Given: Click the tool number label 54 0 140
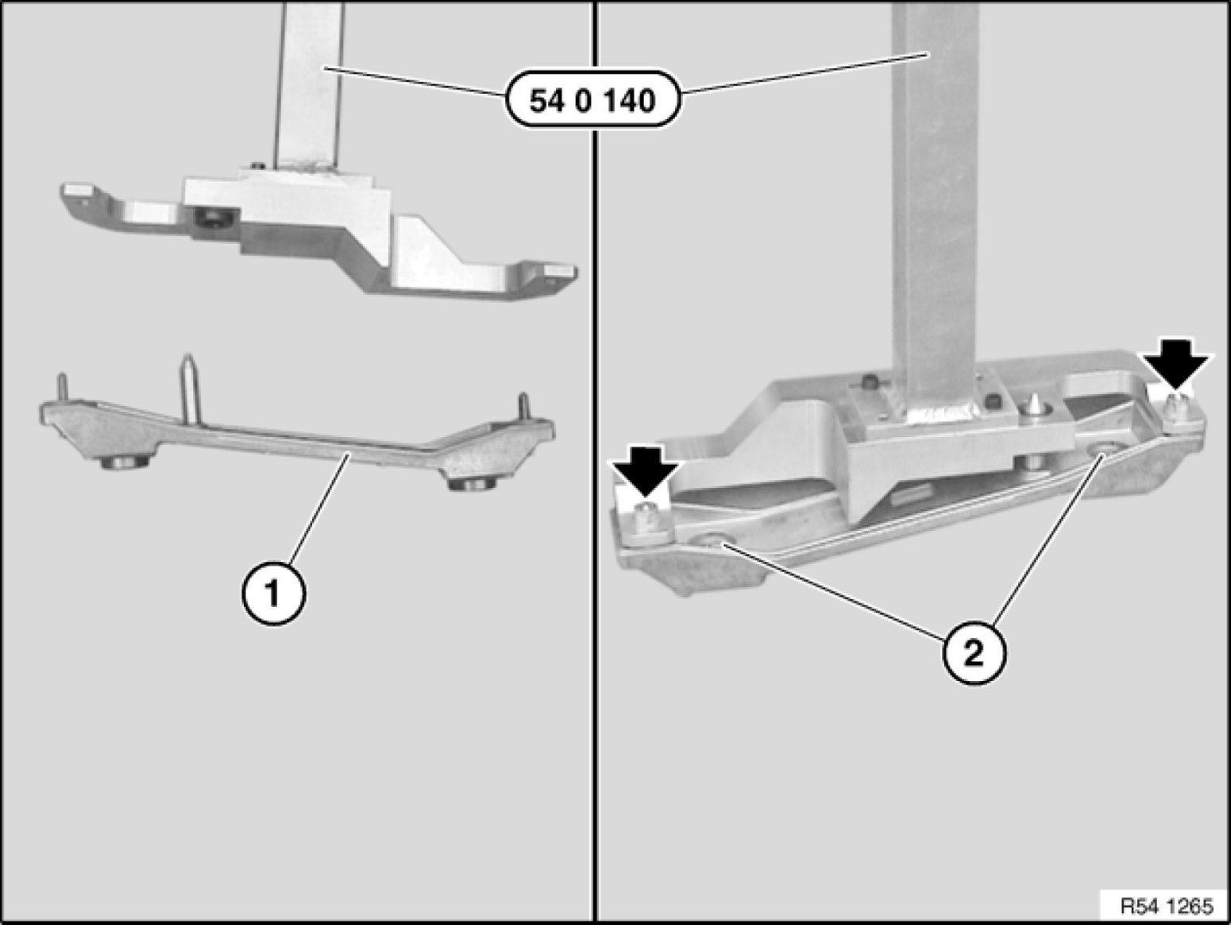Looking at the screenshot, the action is point(592,101).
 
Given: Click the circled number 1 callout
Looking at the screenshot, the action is point(272,593).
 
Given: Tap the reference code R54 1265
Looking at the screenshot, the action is point(1167,905).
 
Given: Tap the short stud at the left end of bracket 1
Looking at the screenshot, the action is point(61,388).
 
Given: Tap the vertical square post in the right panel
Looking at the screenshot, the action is point(932,199).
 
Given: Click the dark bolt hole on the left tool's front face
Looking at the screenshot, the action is point(211,218).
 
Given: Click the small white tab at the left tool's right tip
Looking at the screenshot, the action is point(558,271).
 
